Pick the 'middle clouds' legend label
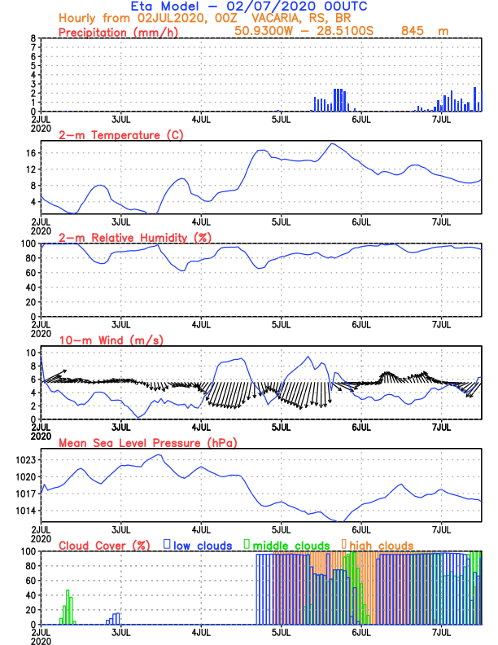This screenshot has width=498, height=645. point(291,545)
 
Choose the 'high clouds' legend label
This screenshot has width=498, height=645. point(382,545)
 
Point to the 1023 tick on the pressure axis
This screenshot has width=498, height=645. point(25,460)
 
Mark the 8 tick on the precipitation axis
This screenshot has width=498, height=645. point(33,38)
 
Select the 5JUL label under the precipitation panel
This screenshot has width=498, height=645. point(282,119)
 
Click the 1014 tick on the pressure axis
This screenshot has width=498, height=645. point(25,511)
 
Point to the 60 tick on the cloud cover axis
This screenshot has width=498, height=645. point(29,581)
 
